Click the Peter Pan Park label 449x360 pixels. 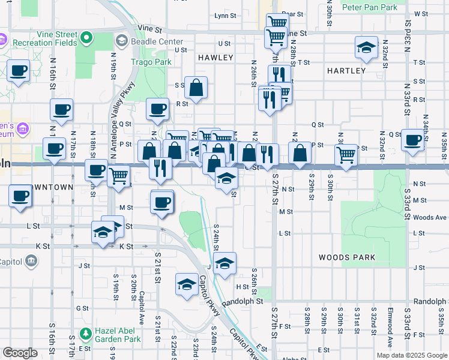pos(370,7)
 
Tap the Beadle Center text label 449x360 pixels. pos(157,41)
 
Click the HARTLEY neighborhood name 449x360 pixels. pos(346,71)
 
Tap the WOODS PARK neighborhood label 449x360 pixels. pos(347,257)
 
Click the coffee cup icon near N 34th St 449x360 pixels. pos(412,140)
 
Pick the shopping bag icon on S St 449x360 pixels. pos(196,88)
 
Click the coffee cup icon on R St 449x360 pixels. pos(158,109)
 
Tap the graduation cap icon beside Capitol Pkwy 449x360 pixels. pos(187,283)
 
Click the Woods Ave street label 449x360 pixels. pos(430,217)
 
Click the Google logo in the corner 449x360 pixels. pos(20,352)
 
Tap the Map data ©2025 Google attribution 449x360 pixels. pos(412,355)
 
